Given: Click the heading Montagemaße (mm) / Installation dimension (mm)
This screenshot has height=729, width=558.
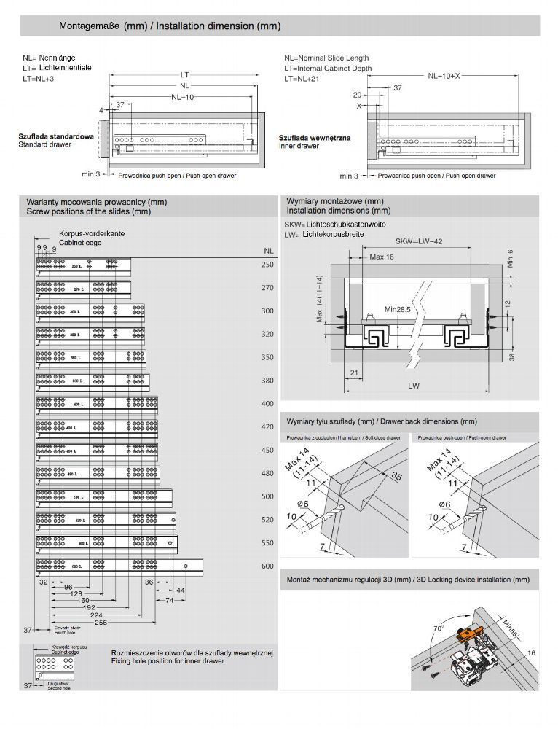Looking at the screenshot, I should [x=170, y=26].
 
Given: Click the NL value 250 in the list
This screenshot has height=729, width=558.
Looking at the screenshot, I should [x=267, y=265].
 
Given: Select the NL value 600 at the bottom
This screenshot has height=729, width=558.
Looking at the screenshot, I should [x=267, y=566].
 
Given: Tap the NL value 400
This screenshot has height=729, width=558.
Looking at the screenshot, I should [x=267, y=403].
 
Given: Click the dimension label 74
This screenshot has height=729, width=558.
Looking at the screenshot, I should [x=168, y=600].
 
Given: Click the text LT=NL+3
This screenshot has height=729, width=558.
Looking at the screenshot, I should [x=38, y=79].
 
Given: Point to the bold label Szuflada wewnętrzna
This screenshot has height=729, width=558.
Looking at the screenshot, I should [x=315, y=137].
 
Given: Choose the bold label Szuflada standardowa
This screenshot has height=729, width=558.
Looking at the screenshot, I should [x=55, y=136].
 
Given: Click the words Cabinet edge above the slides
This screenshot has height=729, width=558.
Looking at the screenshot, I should [x=80, y=242].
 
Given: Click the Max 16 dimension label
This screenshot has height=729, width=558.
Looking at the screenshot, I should [x=382, y=257].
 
